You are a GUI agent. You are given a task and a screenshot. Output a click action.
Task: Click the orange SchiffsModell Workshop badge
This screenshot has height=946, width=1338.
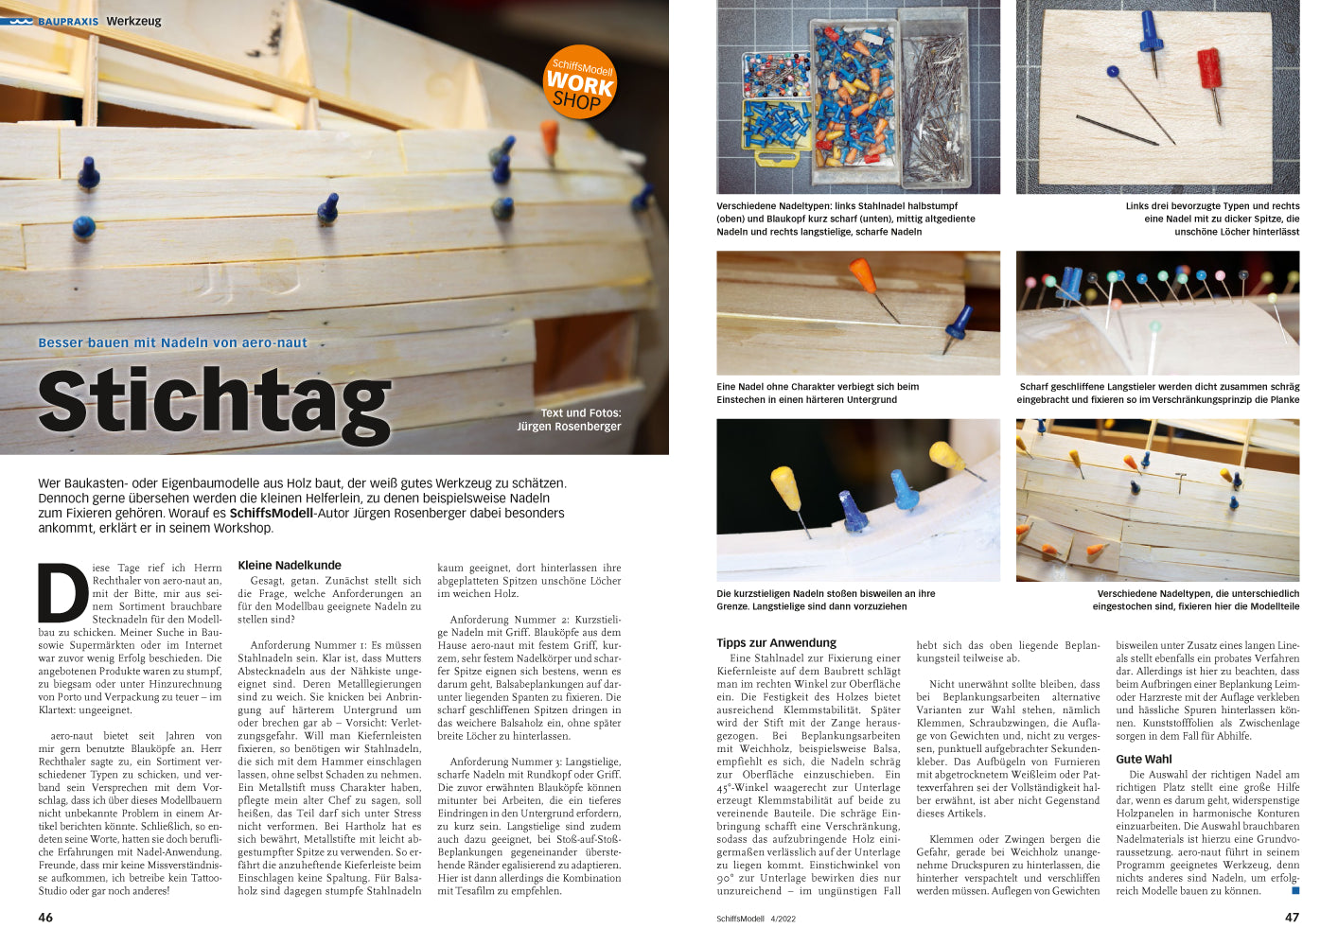click(580, 82)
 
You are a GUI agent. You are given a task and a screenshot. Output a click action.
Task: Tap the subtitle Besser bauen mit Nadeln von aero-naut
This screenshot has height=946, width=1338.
click(172, 342)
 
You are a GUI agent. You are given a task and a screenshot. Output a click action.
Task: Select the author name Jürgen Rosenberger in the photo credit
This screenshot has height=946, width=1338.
click(569, 427)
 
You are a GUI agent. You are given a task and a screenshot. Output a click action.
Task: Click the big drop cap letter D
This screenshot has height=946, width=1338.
click(62, 593)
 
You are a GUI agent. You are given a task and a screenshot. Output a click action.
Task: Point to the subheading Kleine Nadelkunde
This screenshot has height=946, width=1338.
click(290, 566)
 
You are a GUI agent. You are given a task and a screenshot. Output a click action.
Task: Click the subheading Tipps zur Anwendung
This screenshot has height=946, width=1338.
click(776, 642)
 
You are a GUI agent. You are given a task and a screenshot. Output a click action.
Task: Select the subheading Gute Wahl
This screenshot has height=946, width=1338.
click(1143, 759)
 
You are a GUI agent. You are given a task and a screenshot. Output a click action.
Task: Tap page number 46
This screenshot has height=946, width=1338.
click(45, 918)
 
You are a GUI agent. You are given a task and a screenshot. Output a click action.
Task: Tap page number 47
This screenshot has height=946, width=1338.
click(1292, 918)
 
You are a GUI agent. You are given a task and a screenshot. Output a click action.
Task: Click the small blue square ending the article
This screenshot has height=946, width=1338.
click(1295, 890)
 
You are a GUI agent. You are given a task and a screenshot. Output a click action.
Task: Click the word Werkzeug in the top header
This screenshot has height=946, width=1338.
click(133, 21)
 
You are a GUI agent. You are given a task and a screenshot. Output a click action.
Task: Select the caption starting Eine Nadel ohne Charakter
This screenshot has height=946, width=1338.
click(818, 393)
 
